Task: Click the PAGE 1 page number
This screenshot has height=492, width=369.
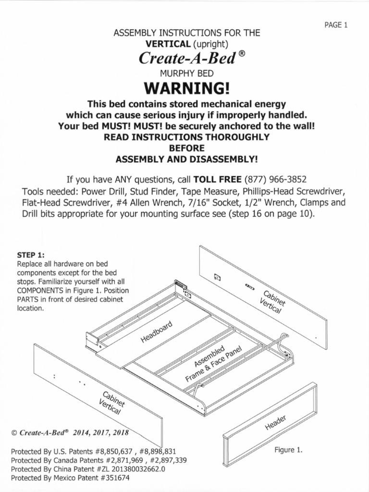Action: point(336,25)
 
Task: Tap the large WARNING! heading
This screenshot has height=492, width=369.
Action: point(187,88)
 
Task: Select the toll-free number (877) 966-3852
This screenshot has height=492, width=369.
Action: point(275,180)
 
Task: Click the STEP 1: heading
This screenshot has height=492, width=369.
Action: point(31,255)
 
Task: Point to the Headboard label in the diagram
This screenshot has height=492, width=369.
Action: point(156,332)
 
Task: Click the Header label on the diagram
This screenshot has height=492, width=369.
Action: point(275,423)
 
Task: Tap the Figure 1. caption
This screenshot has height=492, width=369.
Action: point(288,450)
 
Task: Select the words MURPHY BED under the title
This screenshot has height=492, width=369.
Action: point(187,74)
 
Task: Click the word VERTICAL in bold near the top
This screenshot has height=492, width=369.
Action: point(168,44)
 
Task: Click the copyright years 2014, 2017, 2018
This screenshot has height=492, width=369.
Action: point(101,433)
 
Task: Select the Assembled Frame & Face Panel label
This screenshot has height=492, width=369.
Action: point(213,364)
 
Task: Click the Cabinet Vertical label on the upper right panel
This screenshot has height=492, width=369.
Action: point(272,302)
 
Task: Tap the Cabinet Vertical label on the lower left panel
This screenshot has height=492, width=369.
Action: point(111,403)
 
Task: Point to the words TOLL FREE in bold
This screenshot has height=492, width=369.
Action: point(218,180)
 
